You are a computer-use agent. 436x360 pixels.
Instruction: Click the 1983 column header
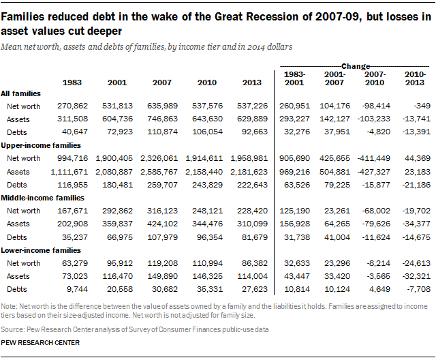pos(73,82)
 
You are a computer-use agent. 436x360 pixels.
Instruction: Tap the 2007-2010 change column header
pos(375,78)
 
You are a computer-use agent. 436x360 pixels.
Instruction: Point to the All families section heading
pos(21,93)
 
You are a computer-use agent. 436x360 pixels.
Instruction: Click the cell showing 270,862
pos(76,106)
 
